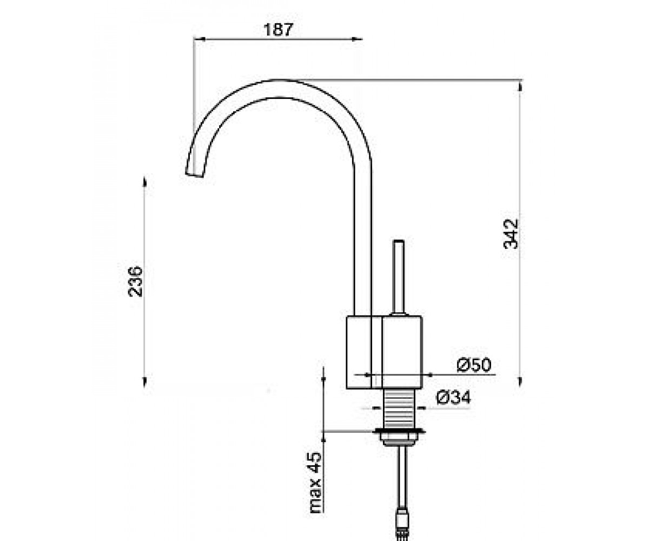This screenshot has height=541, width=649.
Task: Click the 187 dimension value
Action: click(278, 30)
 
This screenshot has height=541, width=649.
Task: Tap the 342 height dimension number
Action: click(511, 234)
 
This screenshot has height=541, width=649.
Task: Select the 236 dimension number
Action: click(136, 281)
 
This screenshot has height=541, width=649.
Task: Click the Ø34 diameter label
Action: click(454, 398)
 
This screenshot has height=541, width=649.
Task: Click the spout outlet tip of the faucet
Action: click(195, 175)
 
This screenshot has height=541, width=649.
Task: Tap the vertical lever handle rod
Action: click(398, 278)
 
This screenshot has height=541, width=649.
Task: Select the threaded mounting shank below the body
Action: click(400, 408)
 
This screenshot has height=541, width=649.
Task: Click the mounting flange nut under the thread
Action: click(400, 436)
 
